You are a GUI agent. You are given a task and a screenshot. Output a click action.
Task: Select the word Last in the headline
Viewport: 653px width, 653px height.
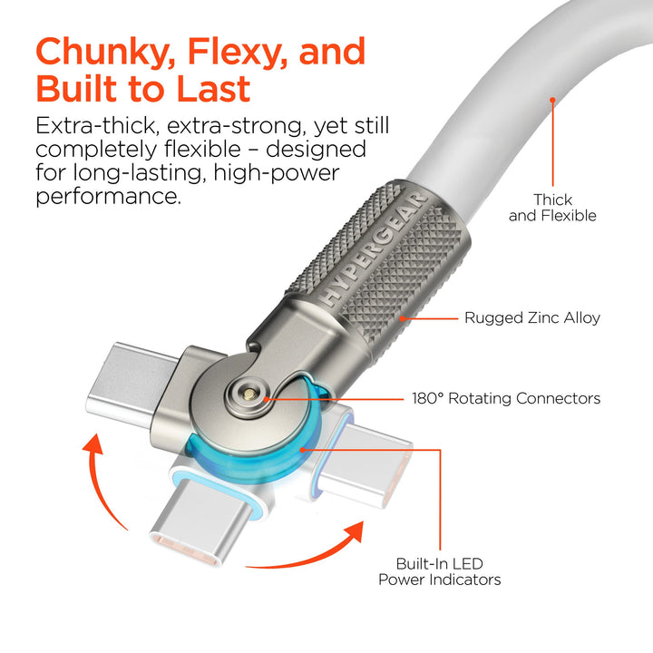[x=213, y=91]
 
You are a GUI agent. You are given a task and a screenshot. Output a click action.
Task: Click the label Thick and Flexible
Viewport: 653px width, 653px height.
[x=552, y=208]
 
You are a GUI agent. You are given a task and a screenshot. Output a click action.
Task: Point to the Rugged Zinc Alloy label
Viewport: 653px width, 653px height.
[x=532, y=318]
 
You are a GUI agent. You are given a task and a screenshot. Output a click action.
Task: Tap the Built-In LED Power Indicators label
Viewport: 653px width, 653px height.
[x=439, y=571]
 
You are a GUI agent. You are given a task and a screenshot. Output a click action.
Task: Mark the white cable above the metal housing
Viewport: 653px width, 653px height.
[x=508, y=91]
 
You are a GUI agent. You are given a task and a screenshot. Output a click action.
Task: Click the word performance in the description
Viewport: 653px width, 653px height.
[x=109, y=195]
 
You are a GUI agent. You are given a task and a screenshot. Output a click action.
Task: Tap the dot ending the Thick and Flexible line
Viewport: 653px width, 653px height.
[x=552, y=101]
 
